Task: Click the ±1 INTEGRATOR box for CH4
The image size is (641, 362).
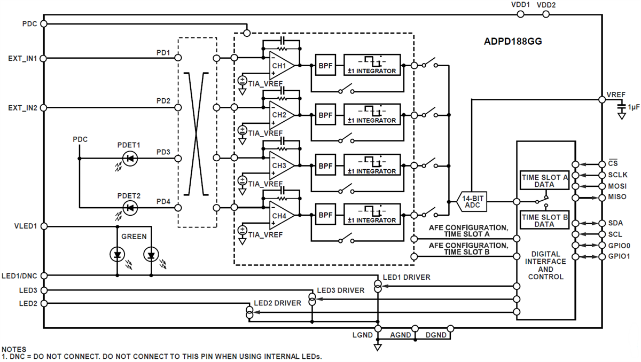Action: click(x=372, y=215)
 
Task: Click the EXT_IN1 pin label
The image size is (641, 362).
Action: click(x=22, y=58)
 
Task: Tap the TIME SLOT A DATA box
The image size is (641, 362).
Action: click(x=544, y=181)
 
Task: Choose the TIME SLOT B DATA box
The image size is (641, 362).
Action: click(x=544, y=221)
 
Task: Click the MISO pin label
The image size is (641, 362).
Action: click(x=617, y=198)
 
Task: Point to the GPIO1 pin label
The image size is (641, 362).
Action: click(x=619, y=256)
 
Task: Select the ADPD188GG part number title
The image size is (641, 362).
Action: click(x=510, y=41)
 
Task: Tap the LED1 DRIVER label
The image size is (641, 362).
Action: click(x=407, y=277)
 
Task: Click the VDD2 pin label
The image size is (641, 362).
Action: click(x=546, y=5)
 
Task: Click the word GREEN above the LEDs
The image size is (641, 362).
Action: click(x=134, y=237)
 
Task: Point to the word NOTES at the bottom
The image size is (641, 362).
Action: click(x=14, y=349)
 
